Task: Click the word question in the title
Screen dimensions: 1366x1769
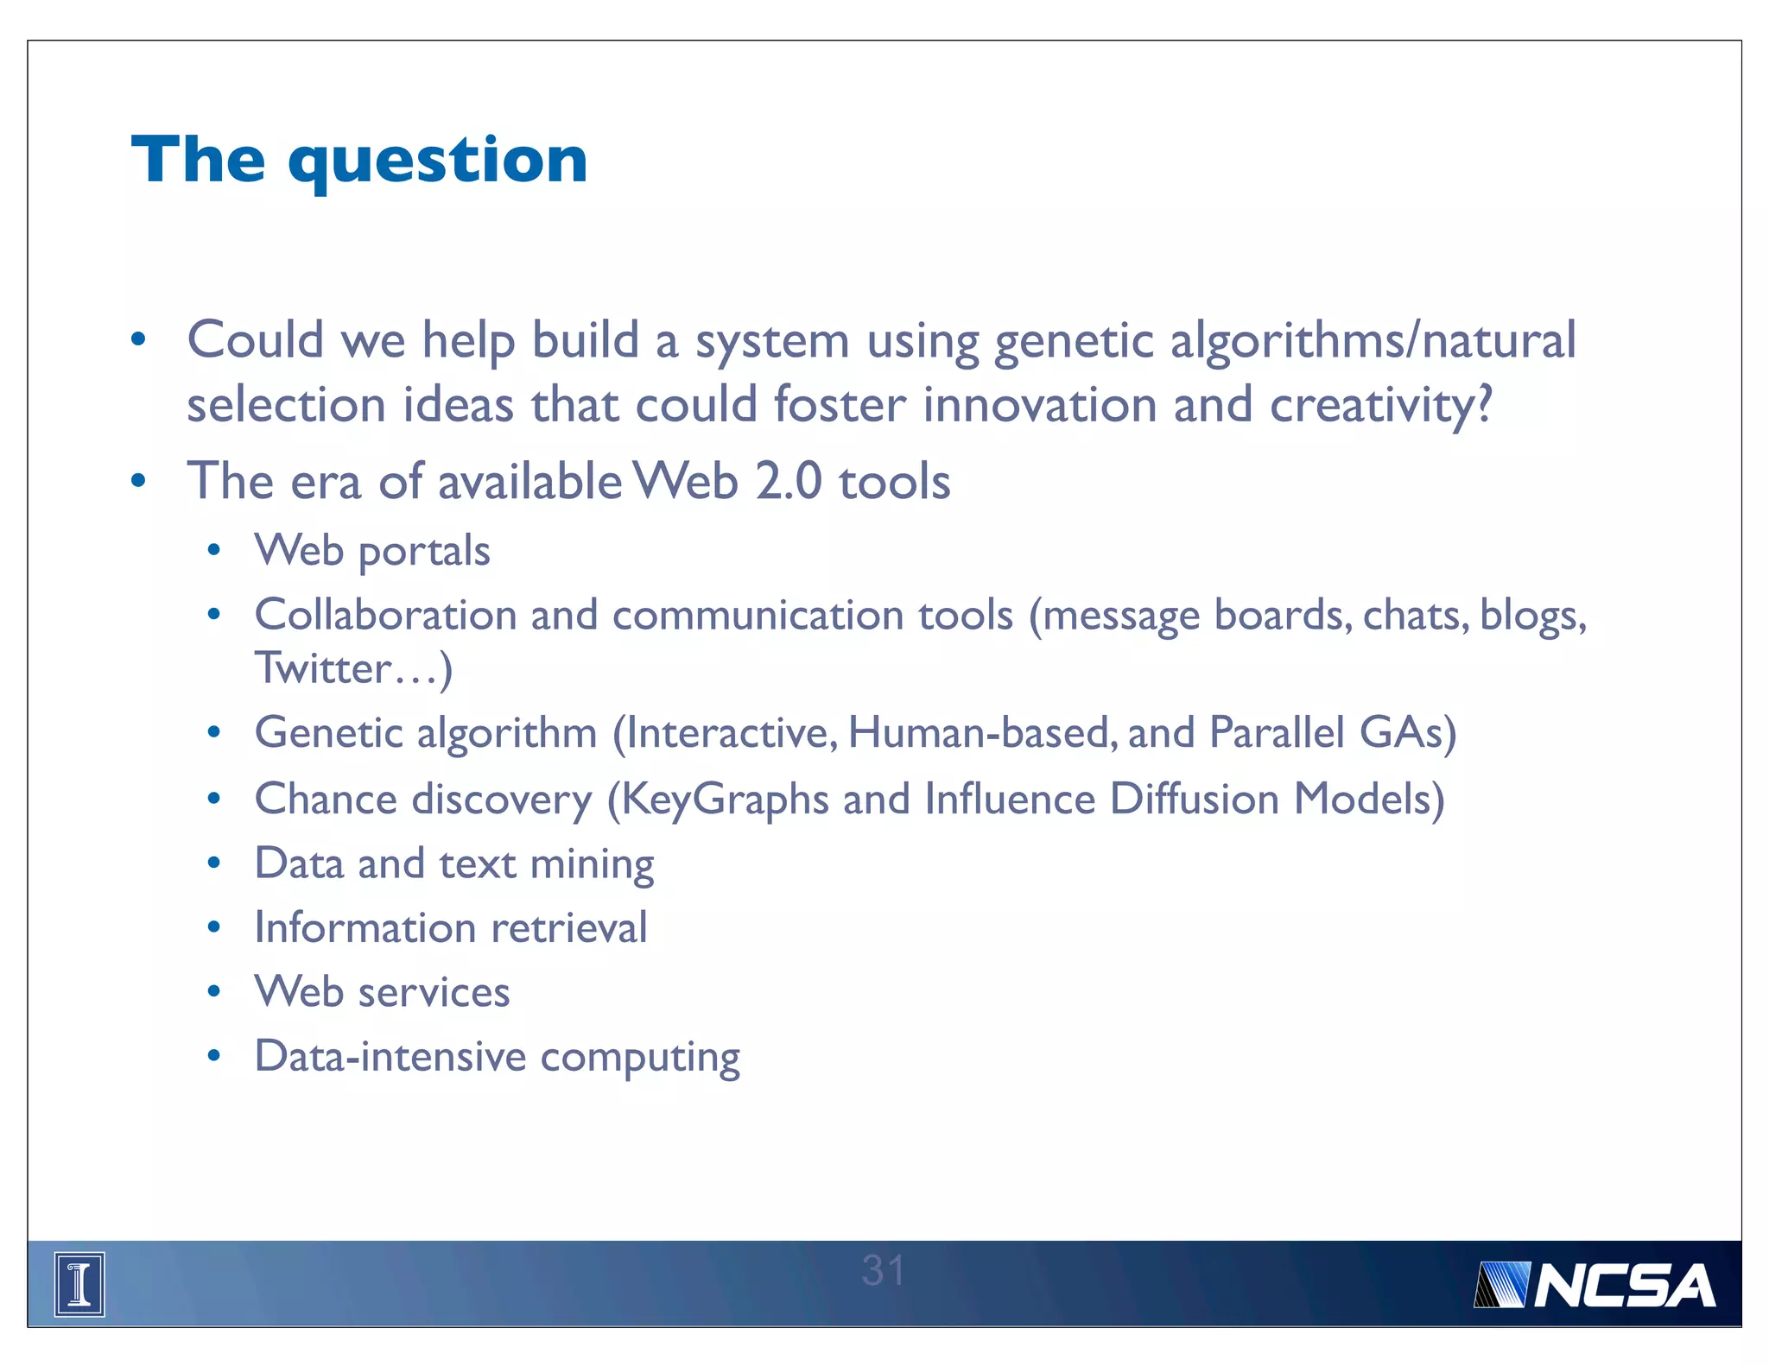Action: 438,162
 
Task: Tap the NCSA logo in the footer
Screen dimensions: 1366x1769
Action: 1595,1286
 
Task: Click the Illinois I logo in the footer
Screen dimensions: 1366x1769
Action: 79,1284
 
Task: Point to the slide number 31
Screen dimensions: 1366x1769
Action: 883,1270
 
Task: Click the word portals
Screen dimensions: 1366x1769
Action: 424,552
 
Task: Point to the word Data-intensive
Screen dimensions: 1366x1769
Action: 390,1056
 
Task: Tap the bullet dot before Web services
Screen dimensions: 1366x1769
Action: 214,992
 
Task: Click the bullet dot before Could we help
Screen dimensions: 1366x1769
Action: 138,339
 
